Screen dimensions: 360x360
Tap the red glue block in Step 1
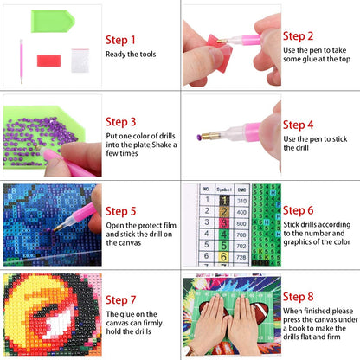(48, 60)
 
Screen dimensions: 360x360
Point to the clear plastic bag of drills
(80, 60)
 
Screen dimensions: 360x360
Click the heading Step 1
(120, 40)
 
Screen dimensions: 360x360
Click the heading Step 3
(120, 121)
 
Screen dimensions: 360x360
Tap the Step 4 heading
(298, 125)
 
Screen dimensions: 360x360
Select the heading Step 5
(120, 209)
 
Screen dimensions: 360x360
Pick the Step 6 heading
(298, 209)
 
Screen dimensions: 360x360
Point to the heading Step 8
(298, 297)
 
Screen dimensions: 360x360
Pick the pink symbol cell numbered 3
(223, 223)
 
